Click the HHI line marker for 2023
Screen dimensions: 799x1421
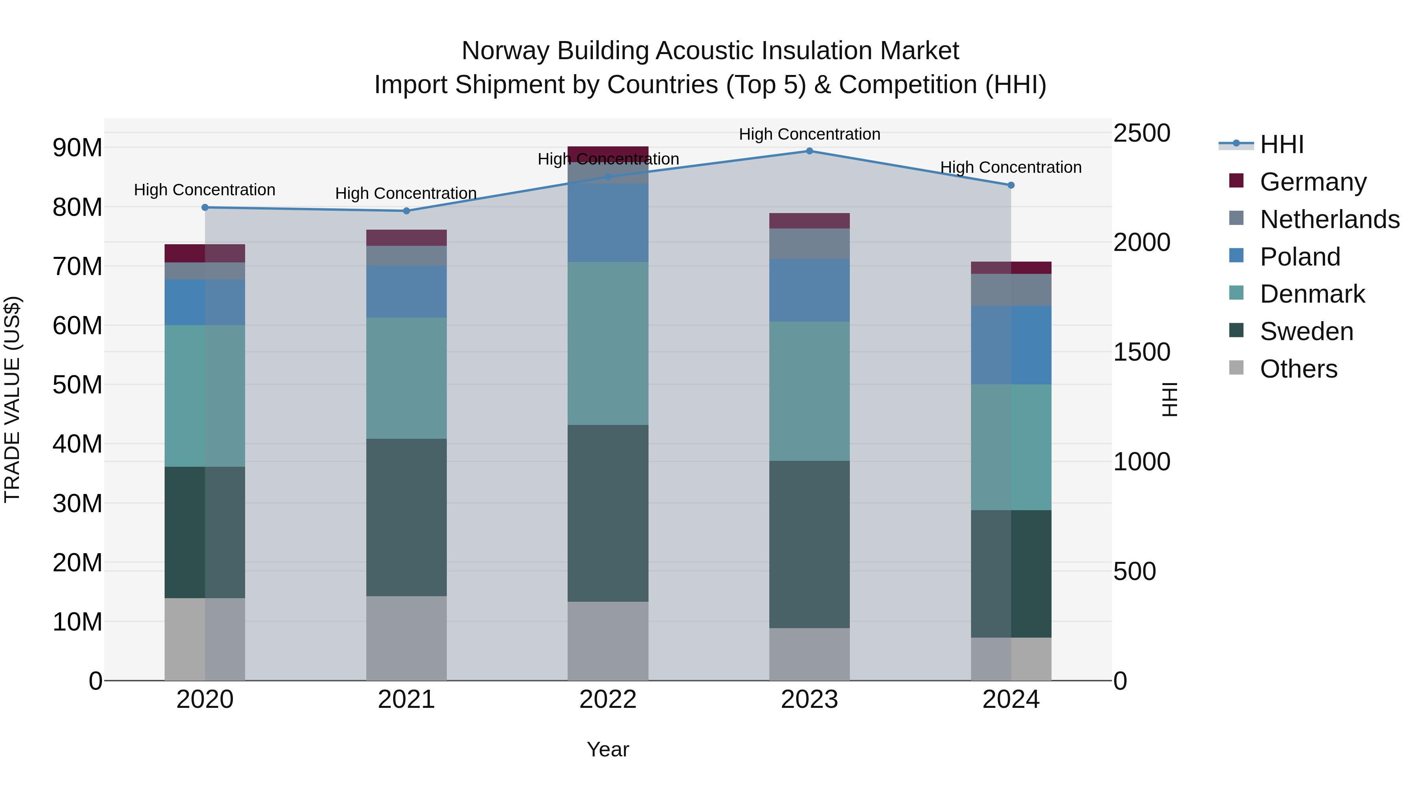[x=809, y=151]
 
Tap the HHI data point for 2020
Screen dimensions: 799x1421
[x=204, y=207]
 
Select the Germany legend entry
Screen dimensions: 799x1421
[x=1313, y=182]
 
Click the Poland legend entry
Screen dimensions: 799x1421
[x=1300, y=256]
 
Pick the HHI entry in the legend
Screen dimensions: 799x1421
[x=1281, y=144]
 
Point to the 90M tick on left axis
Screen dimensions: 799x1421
[x=77, y=148]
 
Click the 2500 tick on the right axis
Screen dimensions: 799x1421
[x=1141, y=133]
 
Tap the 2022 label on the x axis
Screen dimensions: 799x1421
[x=608, y=700]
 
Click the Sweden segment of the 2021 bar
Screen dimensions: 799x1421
[x=407, y=517]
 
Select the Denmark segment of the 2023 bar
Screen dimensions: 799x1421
[x=809, y=391]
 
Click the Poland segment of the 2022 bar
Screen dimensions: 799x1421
[x=608, y=222]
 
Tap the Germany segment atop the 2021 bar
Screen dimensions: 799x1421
[x=407, y=238]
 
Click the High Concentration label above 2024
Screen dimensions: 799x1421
[x=1010, y=167]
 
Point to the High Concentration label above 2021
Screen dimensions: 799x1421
[x=406, y=194]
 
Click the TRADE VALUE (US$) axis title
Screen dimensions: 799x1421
[x=12, y=399]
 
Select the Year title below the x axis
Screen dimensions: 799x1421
[x=608, y=749]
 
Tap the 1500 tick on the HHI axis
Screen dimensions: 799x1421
[x=1141, y=352]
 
